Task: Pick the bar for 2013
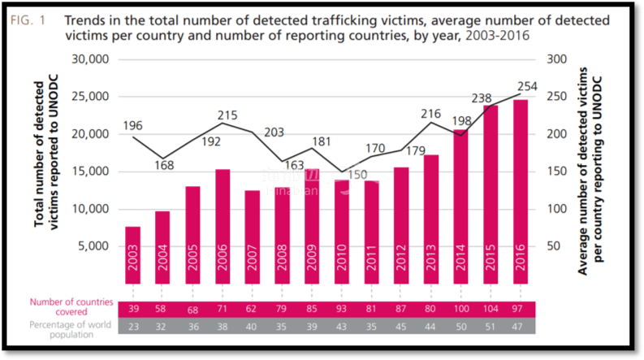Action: (432, 219)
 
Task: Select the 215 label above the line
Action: (227, 115)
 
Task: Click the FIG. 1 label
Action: (28, 19)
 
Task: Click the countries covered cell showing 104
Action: (491, 309)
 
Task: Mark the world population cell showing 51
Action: (491, 326)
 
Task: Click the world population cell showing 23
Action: (132, 326)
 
